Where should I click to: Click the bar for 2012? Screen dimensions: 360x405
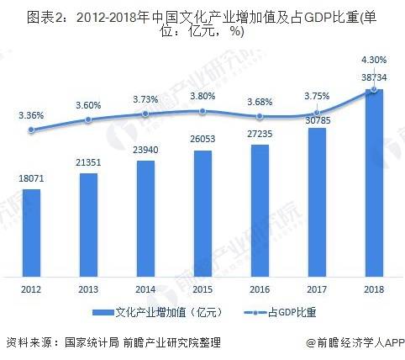pos(31,231)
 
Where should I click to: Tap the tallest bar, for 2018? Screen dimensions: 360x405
pos(374,182)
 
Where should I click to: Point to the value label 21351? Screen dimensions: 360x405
pos(88,163)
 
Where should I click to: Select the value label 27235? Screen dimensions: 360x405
pos(260,134)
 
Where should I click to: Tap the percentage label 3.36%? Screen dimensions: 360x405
pos(31,114)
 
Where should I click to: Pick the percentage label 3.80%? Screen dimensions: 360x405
pos(202,95)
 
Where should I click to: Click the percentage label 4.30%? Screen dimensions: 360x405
pos(374,60)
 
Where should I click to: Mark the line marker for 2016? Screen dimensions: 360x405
pos(260,116)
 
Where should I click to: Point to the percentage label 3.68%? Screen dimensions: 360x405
pos(260,102)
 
